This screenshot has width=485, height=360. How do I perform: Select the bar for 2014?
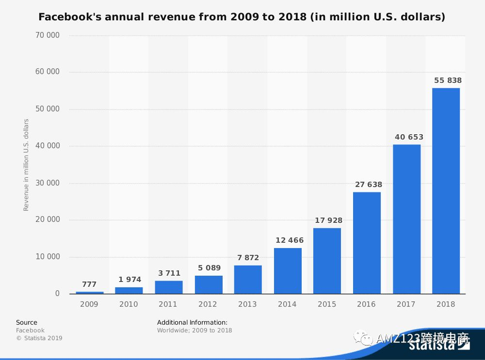pos(288,271)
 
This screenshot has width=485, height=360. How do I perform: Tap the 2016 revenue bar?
pos(367,243)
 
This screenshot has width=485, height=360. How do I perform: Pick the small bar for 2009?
pos(90,292)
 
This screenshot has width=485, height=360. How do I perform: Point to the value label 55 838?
pos(448,80)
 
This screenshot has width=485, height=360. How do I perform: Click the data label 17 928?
pos(328,220)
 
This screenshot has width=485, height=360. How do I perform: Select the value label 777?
pos(89,285)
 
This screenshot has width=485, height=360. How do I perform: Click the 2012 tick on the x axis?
pos(208,304)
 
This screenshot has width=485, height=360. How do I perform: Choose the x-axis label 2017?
pos(406,304)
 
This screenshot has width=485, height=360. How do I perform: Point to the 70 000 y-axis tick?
pos(47,35)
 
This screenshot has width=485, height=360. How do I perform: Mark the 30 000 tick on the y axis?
pos(47,183)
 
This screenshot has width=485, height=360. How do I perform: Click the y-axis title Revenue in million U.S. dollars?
pos(26,165)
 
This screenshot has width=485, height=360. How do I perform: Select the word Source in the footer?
pos(26,323)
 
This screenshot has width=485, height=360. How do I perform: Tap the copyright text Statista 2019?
pos(39,338)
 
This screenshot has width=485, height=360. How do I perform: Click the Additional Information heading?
pos(192,323)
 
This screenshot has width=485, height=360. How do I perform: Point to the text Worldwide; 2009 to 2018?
pos(194,330)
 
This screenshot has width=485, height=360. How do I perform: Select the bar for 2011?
pos(169,287)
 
